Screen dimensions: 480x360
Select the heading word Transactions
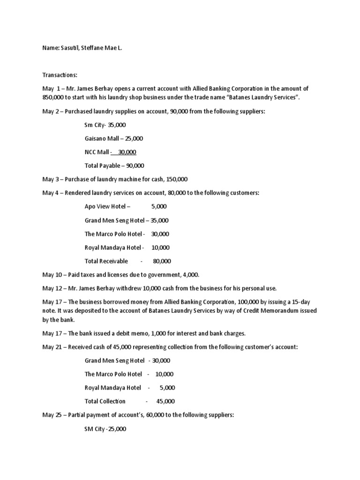[58, 75]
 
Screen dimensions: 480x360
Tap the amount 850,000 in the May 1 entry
[55, 97]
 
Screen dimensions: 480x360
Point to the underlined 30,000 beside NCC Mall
[127, 152]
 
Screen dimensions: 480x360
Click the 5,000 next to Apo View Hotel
[159, 206]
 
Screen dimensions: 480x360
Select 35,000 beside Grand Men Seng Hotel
[159, 220]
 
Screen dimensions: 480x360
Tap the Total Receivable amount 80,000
[162, 261]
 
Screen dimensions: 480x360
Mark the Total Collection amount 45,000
[165, 401]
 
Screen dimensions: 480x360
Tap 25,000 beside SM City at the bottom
[114, 428]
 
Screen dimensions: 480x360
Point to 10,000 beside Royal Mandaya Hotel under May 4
[161, 247]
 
